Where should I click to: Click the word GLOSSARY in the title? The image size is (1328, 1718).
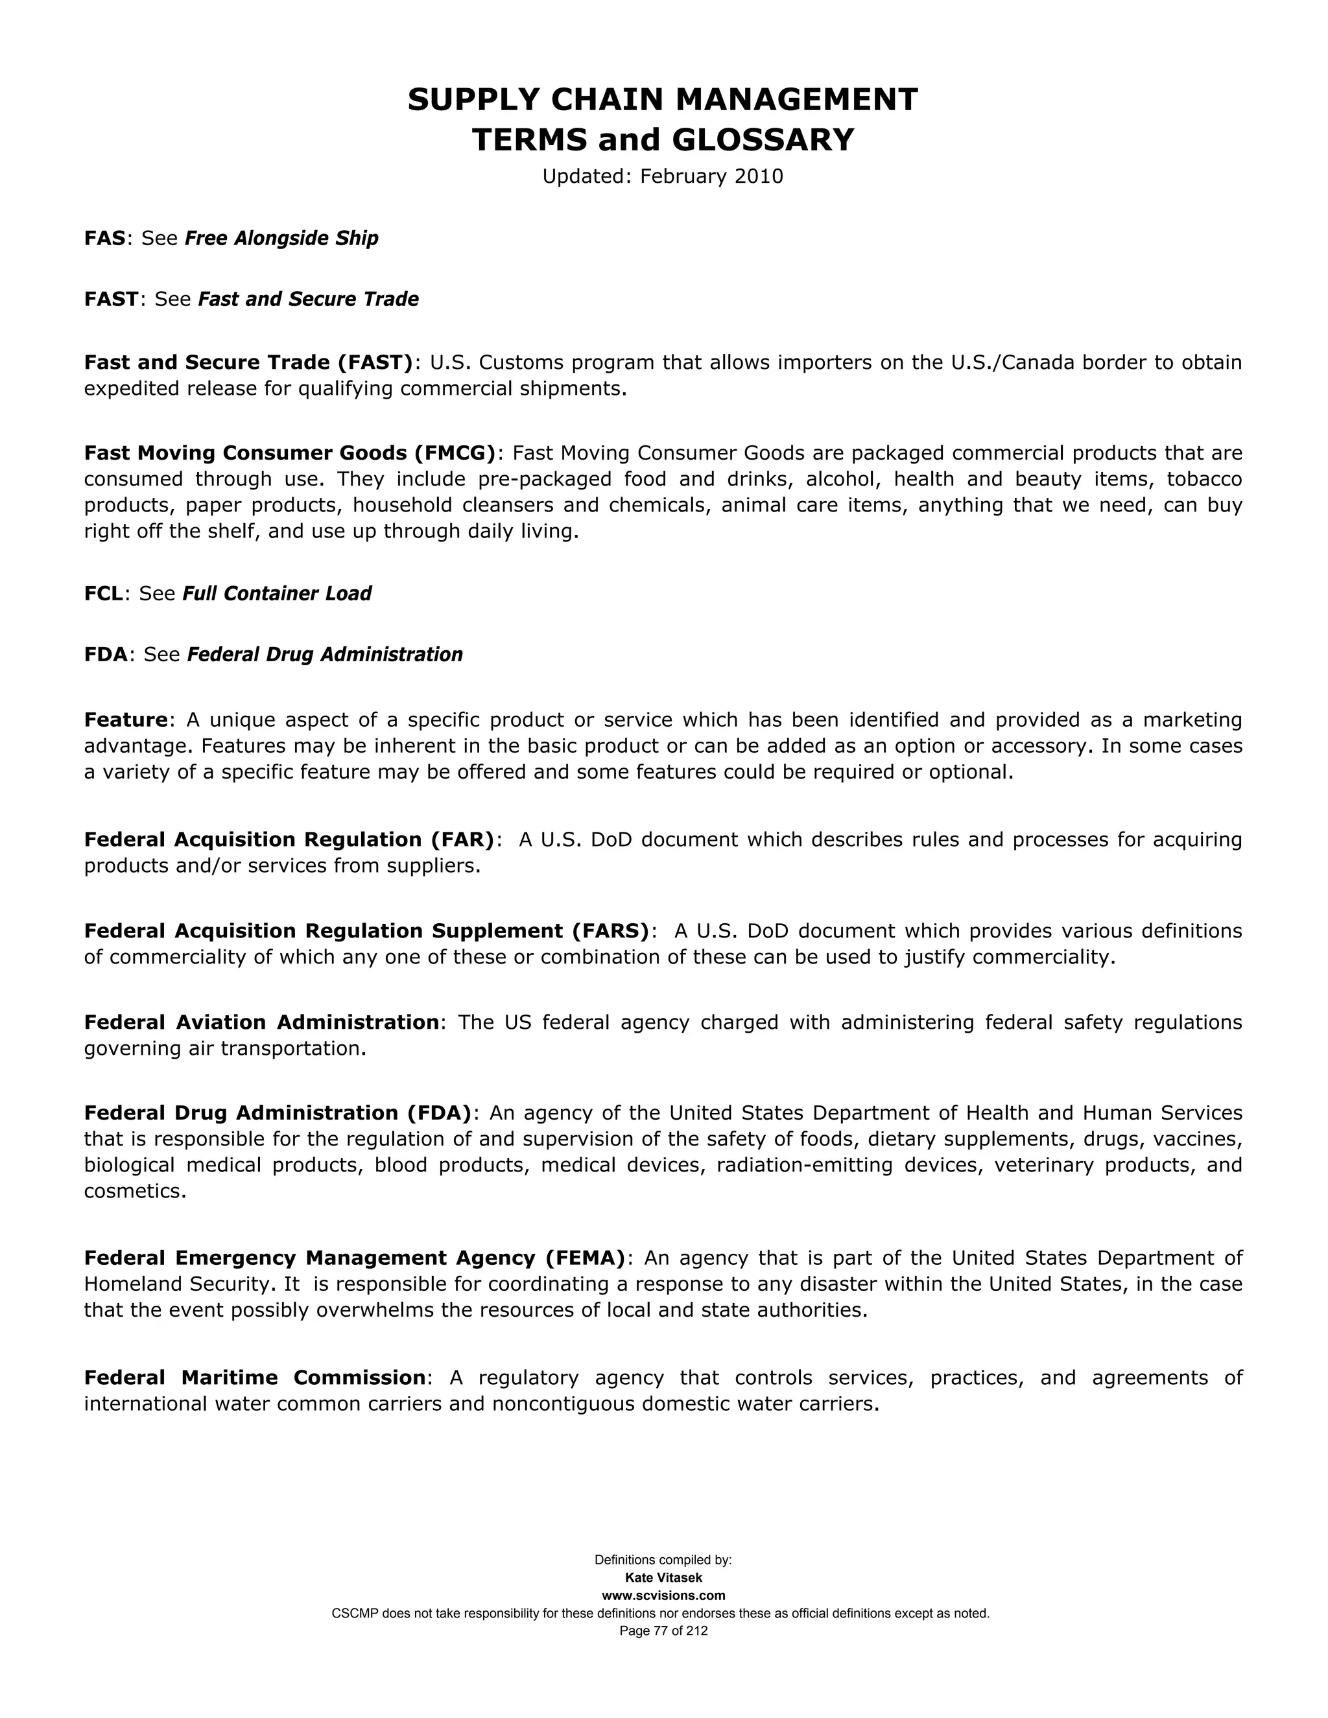click(x=763, y=140)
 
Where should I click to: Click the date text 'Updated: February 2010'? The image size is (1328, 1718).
click(x=663, y=176)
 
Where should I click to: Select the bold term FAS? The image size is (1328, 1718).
click(x=104, y=239)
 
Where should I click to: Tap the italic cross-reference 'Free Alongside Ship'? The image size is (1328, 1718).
click(x=281, y=239)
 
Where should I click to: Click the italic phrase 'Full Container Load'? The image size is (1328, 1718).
click(x=277, y=594)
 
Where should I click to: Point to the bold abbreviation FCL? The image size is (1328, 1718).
click(x=104, y=594)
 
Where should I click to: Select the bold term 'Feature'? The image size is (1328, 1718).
click(x=126, y=720)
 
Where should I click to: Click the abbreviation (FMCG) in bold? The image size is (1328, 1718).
click(x=453, y=453)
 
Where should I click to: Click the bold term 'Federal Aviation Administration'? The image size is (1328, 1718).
click(x=261, y=1022)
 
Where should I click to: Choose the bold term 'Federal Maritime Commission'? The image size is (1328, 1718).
click(x=255, y=1378)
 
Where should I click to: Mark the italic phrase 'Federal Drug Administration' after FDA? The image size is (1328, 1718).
click(x=325, y=655)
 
